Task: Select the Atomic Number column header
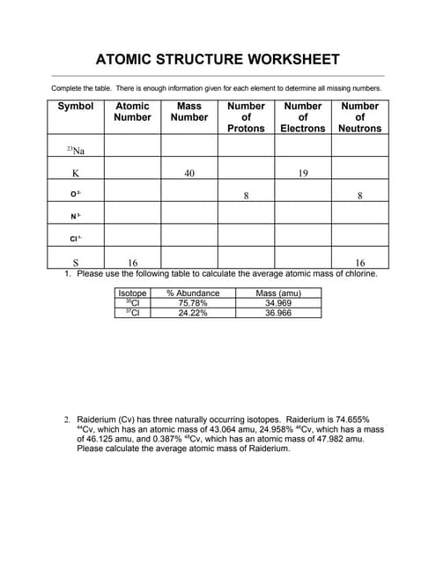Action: point(133,111)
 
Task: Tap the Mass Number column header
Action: point(189,111)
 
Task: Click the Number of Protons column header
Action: point(246,116)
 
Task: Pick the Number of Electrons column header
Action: point(302,116)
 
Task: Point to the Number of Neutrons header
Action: point(359,116)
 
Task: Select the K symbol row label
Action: point(76,174)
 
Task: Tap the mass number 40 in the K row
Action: point(189,174)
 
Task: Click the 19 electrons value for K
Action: point(302,174)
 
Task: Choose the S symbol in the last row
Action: point(76,262)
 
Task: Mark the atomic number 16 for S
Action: point(133,262)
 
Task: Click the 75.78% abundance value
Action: point(192,303)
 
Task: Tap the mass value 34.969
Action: point(277,303)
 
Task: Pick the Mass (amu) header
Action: point(277,293)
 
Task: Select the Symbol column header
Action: point(76,106)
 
